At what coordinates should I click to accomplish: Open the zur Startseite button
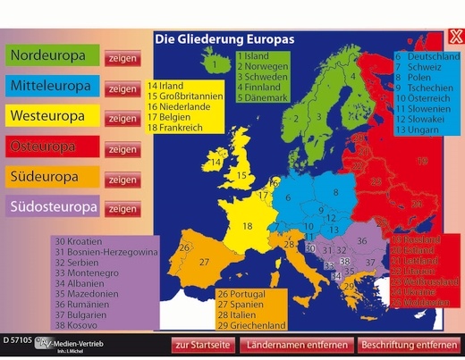(x=204, y=344)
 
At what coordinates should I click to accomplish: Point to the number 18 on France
(x=248, y=226)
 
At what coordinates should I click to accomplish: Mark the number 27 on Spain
(x=204, y=262)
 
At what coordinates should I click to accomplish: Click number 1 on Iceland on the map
(x=215, y=63)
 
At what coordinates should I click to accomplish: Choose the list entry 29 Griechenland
(x=251, y=325)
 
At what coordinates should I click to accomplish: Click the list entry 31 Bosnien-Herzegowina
(x=106, y=253)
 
